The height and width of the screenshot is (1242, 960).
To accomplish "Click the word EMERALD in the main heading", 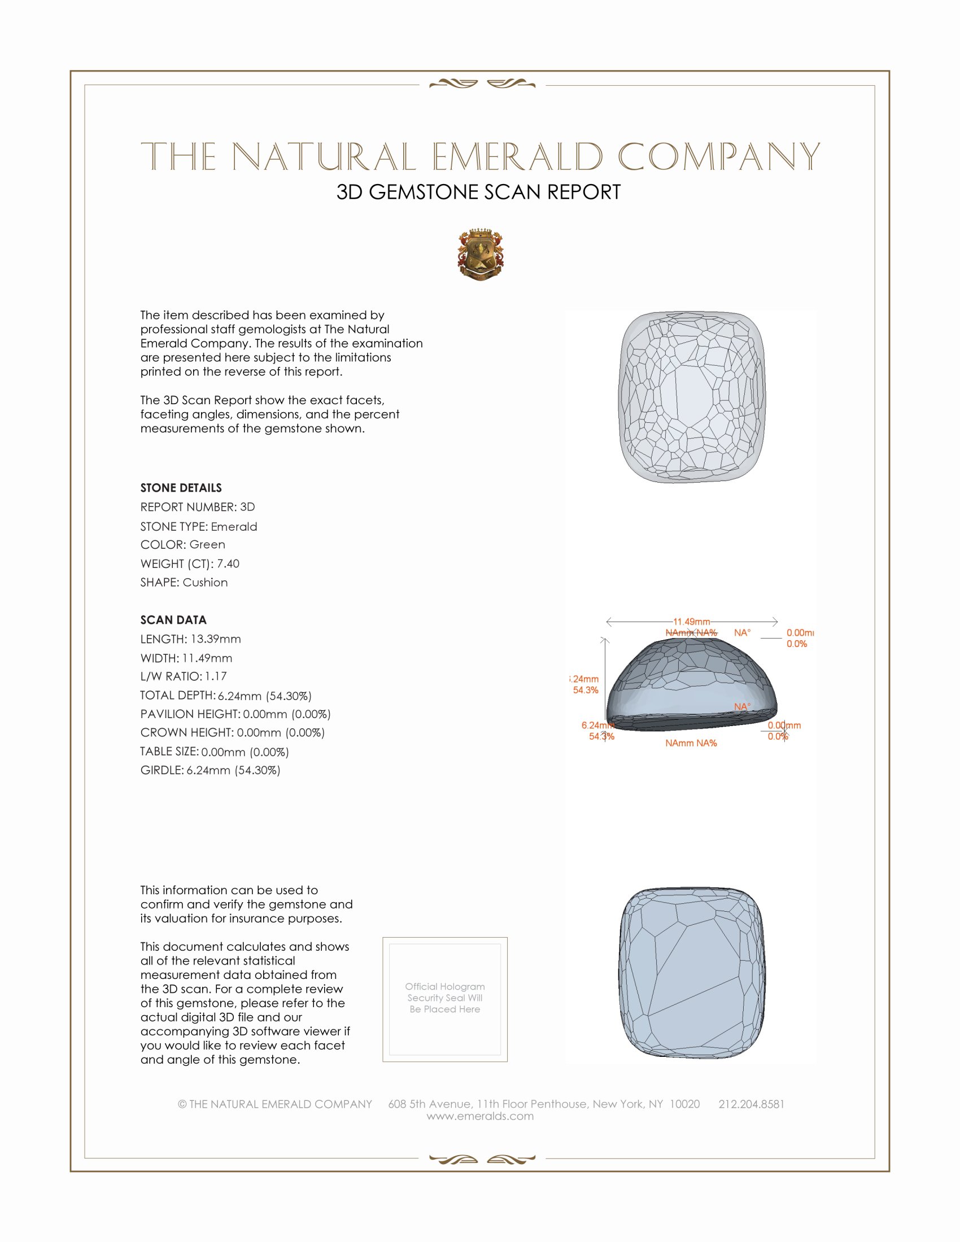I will click(x=517, y=157).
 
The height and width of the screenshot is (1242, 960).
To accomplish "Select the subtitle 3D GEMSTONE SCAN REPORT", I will click(x=478, y=192).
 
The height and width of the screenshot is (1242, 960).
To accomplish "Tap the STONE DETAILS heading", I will click(x=181, y=488).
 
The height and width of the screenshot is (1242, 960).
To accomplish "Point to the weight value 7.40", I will click(x=228, y=563).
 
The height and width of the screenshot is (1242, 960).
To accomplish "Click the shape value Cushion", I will click(x=206, y=583).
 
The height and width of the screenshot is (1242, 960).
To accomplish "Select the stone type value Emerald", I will click(x=234, y=527).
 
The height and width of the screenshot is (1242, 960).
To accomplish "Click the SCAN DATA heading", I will click(x=173, y=620).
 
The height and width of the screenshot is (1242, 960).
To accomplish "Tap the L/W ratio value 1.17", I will click(x=216, y=676).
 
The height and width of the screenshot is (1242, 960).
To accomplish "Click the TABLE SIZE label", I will click(x=169, y=751).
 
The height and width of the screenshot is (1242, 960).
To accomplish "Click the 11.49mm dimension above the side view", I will click(x=692, y=622).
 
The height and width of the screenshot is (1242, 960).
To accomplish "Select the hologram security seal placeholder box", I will click(x=445, y=999).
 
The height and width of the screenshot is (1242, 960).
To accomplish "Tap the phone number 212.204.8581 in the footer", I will click(x=751, y=1104).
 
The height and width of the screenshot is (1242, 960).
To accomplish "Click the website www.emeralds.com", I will click(x=480, y=1116).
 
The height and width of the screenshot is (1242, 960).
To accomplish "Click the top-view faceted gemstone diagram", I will click(x=692, y=397).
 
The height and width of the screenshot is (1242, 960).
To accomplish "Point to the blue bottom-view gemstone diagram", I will click(x=692, y=973).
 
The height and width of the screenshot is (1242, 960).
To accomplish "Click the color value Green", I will click(x=207, y=545).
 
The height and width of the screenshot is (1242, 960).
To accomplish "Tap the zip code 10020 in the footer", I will click(x=684, y=1104).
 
